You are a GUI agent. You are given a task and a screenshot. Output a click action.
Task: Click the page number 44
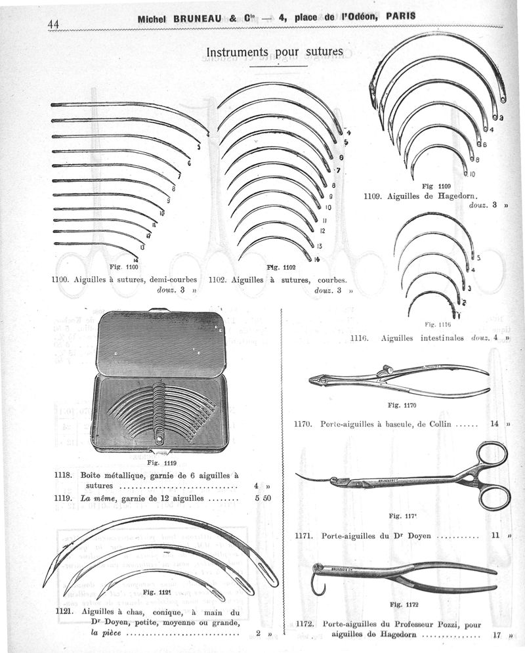pyautogui.click(x=53, y=24)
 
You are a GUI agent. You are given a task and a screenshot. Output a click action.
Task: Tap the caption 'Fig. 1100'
pyautogui.click(x=124, y=266)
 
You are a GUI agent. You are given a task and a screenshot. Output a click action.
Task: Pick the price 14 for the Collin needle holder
pyautogui.click(x=495, y=424)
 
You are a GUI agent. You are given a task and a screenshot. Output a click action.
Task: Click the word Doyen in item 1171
pyautogui.click(x=415, y=536)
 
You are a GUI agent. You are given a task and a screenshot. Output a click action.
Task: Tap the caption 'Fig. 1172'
pyautogui.click(x=404, y=604)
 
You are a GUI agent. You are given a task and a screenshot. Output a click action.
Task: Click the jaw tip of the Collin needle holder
pyautogui.click(x=312, y=378)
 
